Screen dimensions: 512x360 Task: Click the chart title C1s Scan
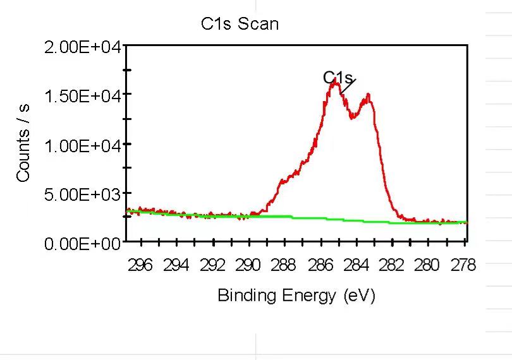pyautogui.click(x=240, y=24)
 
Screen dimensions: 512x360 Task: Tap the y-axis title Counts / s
pyautogui.click(x=23, y=143)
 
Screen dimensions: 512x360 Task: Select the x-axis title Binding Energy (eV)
pyautogui.click(x=296, y=296)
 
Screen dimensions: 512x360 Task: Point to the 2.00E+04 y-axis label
pyautogui.click(x=83, y=47)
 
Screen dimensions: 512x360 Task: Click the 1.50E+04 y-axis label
pyautogui.click(x=83, y=96)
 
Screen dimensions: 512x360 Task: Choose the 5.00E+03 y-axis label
pyautogui.click(x=83, y=195)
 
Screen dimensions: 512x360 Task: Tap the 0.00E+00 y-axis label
pyautogui.click(x=83, y=244)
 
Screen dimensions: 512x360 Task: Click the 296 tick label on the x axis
pyautogui.click(x=140, y=265)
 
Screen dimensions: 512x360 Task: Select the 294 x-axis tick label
pyautogui.click(x=176, y=265)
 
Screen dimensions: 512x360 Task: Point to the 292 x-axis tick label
pyautogui.click(x=212, y=265)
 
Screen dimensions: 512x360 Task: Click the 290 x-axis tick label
pyautogui.click(x=248, y=265)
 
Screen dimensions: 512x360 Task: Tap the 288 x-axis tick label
pyautogui.click(x=283, y=265)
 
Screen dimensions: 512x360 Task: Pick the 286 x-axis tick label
pyautogui.click(x=320, y=265)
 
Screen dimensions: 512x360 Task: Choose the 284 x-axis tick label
pyautogui.click(x=357, y=265)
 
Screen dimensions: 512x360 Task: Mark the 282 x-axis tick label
pyautogui.click(x=392, y=265)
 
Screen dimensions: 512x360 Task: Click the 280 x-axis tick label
pyautogui.click(x=427, y=265)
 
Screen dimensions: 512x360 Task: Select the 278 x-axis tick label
pyautogui.click(x=463, y=265)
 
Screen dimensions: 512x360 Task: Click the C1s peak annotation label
pyautogui.click(x=338, y=78)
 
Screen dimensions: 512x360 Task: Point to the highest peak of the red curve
pyautogui.click(x=335, y=80)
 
